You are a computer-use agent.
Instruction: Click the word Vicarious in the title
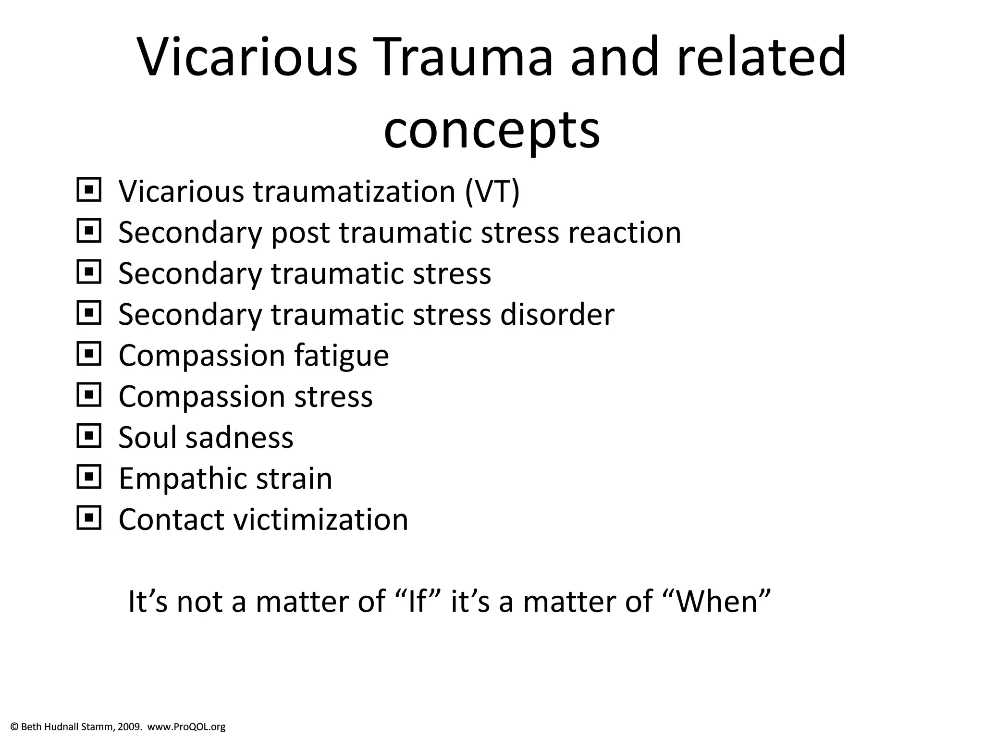(247, 57)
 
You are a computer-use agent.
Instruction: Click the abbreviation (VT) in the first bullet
(492, 191)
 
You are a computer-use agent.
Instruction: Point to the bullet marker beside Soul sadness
(89, 437)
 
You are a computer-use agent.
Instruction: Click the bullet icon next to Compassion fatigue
(89, 355)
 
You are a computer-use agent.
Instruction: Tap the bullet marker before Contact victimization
(89, 518)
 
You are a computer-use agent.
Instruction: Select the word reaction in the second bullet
(624, 233)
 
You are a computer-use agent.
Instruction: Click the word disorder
(557, 315)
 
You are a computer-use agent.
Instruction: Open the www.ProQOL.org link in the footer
(186, 727)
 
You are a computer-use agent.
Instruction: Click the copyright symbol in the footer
(14, 727)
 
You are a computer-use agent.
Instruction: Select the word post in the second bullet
(300, 234)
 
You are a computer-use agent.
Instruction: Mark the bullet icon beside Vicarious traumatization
(89, 191)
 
